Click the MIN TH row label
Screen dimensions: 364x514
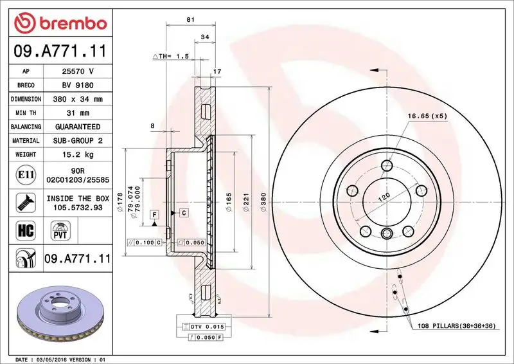[26, 113]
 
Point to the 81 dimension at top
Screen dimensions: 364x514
[190, 20]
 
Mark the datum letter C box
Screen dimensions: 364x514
[183, 212]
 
